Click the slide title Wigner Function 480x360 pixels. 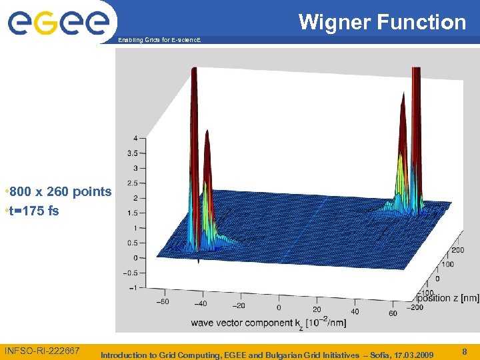[382, 22]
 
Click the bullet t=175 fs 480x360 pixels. [33, 211]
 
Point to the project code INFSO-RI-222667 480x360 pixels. [42, 351]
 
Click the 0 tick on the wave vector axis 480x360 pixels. [278, 307]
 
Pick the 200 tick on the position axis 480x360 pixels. [458, 250]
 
